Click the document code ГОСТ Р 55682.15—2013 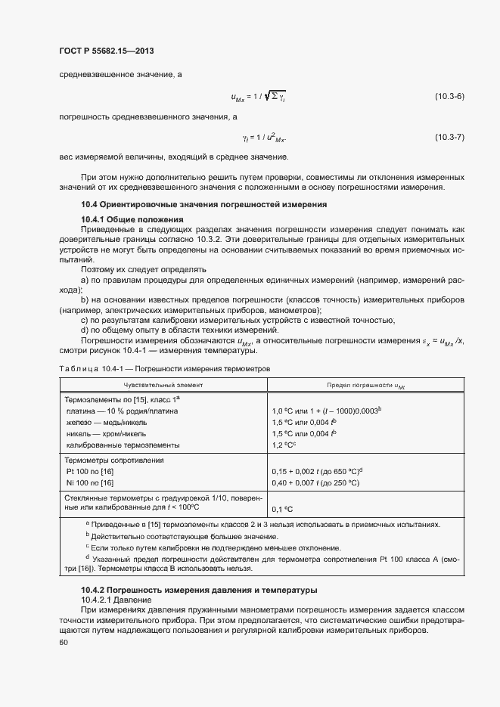[104, 51]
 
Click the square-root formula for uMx [258, 96]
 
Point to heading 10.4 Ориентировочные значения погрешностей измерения [203, 204]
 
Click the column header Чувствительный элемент [161, 385]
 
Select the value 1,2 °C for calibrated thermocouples [288, 445]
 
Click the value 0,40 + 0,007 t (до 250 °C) [315, 482]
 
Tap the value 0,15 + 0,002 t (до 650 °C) [315, 471]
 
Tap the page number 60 [63, 643]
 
